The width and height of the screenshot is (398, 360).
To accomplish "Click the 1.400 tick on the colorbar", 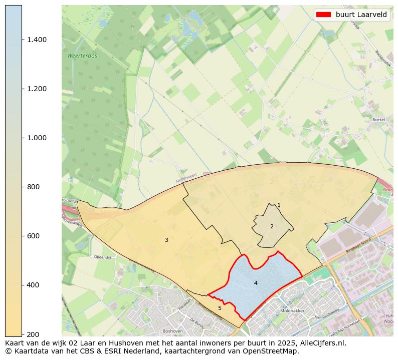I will click(37, 40).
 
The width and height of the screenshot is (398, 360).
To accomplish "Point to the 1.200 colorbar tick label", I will click(37, 89).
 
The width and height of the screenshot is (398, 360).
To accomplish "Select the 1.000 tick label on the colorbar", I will click(37, 138).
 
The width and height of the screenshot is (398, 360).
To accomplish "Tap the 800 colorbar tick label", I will click(33, 187).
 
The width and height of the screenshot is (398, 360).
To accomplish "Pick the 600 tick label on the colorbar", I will click(33, 236).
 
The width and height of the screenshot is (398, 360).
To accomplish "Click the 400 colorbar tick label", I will click(33, 285).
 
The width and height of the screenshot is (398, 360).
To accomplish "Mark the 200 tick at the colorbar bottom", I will click(33, 334).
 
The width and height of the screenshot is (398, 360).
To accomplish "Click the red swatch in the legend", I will click(324, 15).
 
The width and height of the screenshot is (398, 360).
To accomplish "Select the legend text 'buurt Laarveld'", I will click(361, 15).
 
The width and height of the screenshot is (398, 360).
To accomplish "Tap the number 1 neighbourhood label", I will click(279, 205).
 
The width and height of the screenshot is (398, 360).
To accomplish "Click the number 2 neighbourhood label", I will click(272, 226).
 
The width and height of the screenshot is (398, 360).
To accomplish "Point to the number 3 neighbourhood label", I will click(166, 240).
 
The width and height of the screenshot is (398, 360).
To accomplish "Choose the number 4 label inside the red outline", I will click(256, 283).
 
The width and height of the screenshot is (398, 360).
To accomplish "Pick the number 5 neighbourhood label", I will click(220, 308).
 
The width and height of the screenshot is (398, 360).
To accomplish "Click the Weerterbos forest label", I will click(82, 56).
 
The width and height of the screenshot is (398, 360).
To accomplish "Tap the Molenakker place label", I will click(293, 311).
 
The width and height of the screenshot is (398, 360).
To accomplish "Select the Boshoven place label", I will click(173, 331).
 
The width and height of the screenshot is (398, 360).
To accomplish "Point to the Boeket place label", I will click(379, 120).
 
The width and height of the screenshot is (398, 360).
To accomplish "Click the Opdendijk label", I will click(102, 257).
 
